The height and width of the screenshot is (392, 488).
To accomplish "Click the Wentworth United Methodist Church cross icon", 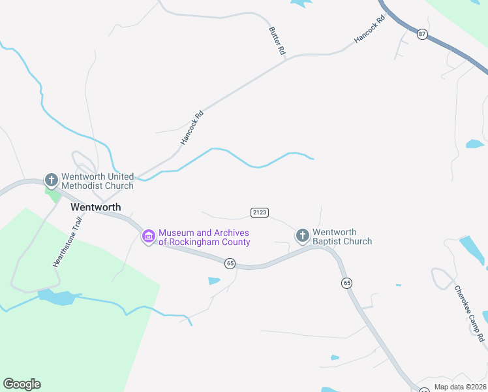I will pyautogui.click(x=52, y=179).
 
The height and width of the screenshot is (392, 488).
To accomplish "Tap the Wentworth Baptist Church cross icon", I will pyautogui.click(x=302, y=235).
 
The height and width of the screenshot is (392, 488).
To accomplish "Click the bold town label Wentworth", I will pyautogui.click(x=95, y=206).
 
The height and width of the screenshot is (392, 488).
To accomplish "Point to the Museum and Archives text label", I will pyautogui.click(x=204, y=237).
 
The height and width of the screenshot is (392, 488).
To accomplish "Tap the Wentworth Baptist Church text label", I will pyautogui.click(x=342, y=237).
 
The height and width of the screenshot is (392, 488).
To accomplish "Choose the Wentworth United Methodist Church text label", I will pyautogui.click(x=97, y=181).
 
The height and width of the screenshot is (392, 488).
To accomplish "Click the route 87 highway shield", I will pyautogui.click(x=422, y=34).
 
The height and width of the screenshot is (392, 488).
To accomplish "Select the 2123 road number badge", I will pyautogui.click(x=259, y=212).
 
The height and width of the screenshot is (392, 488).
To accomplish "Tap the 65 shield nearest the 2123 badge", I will pyautogui.click(x=230, y=263).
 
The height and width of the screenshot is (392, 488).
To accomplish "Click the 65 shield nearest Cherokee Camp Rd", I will pyautogui.click(x=346, y=283).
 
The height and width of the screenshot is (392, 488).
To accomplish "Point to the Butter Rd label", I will pyautogui.click(x=277, y=41).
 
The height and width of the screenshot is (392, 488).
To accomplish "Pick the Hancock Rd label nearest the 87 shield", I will pyautogui.click(x=370, y=30).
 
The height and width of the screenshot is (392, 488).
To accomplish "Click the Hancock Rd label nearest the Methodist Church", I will pyautogui.click(x=192, y=127).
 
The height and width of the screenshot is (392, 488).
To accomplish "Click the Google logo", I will pyautogui.click(x=22, y=384).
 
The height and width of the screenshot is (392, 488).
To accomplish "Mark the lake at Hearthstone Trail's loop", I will pyautogui.click(x=57, y=298).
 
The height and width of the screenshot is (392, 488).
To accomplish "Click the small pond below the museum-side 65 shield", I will pyautogui.click(x=214, y=281).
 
